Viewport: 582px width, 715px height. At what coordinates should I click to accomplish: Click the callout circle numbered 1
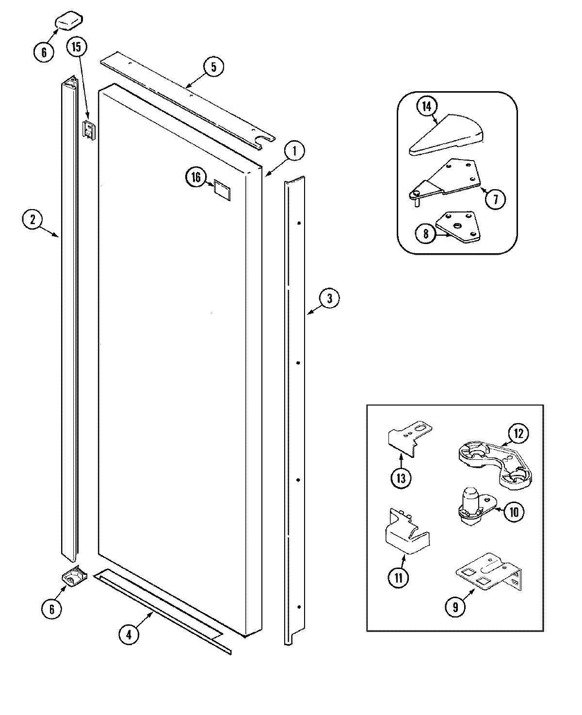tap(294, 151)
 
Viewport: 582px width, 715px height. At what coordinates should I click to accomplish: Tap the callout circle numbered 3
tap(329, 298)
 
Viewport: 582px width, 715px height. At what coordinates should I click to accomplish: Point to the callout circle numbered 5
tap(213, 66)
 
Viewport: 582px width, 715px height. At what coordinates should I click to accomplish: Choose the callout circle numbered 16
tap(195, 178)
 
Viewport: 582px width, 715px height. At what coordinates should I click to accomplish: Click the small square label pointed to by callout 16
tap(222, 190)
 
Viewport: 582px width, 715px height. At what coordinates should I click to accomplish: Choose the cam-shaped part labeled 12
tap(495, 461)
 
